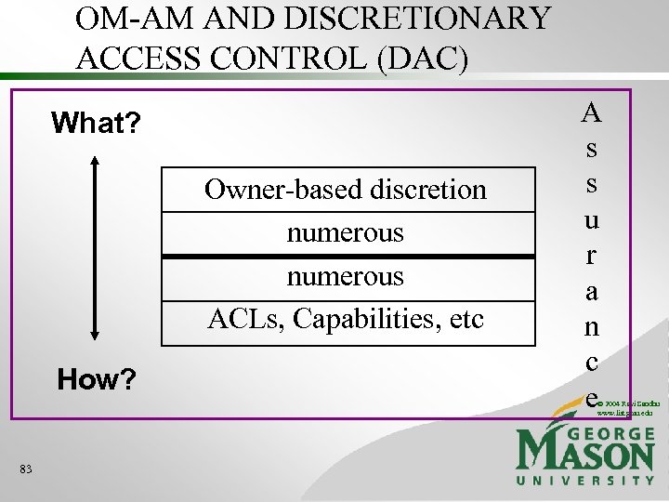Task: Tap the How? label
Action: click(x=96, y=379)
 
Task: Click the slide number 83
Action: click(x=25, y=470)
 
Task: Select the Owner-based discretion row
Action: click(x=346, y=190)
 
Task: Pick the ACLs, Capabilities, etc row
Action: click(x=346, y=320)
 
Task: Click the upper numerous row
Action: click(x=346, y=231)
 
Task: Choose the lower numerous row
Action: click(x=346, y=276)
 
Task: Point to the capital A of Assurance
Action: click(x=592, y=112)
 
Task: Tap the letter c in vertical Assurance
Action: click(x=592, y=360)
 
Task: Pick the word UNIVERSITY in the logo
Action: click(x=584, y=480)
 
